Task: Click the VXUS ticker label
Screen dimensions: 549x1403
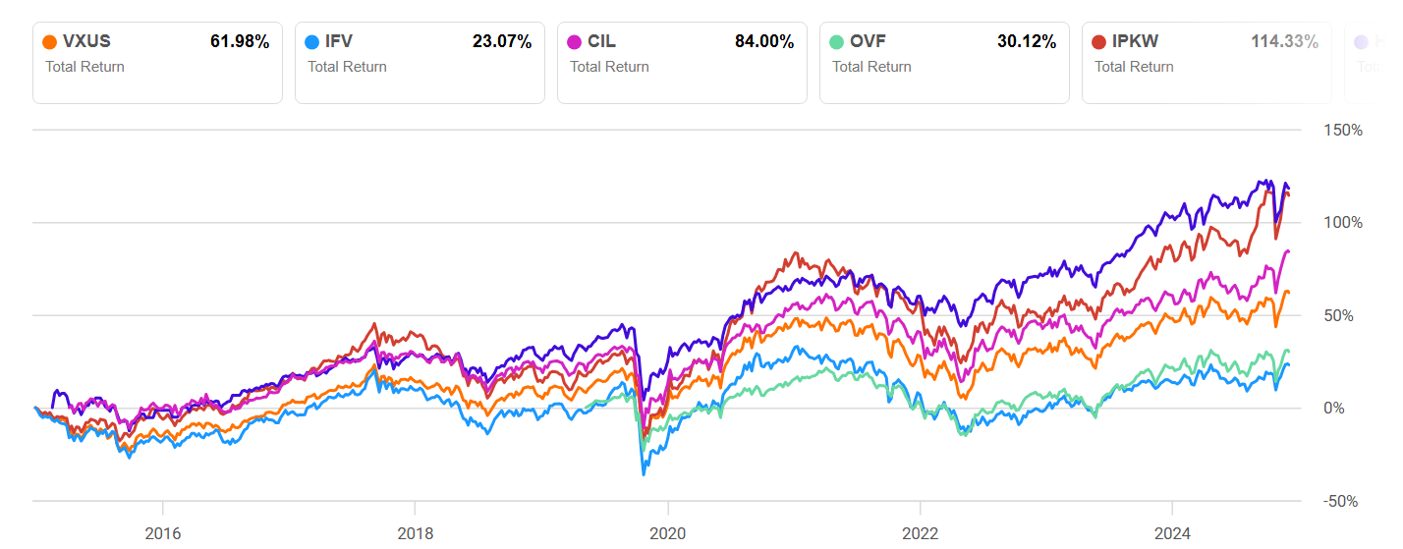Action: pos(87,41)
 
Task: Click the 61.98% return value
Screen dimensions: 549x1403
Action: pos(240,41)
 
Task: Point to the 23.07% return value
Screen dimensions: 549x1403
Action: pos(502,41)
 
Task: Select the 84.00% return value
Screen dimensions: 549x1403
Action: pos(764,41)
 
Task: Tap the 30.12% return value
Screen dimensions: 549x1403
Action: pos(1027,41)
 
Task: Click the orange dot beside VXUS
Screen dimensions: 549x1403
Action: pos(51,42)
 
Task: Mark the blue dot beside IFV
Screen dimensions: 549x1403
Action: pos(313,42)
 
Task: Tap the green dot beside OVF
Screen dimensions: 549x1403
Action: pos(838,42)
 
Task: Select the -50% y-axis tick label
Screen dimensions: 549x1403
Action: pos(1340,501)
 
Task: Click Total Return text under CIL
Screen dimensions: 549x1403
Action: pos(609,67)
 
